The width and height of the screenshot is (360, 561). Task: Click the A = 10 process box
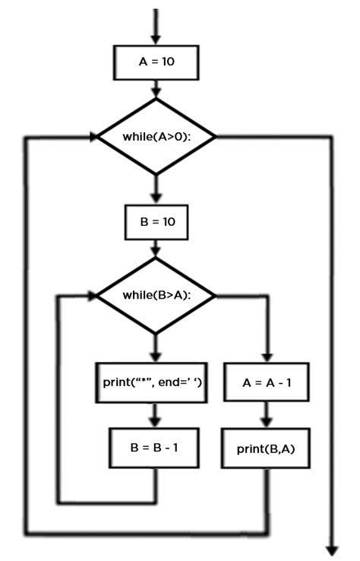156,62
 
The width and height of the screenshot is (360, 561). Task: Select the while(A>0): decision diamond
156,137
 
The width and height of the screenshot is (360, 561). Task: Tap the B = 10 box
156,223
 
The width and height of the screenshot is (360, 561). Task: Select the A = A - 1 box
266,382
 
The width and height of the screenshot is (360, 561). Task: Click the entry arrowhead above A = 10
156,38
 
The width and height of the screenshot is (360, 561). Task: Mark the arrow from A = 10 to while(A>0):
156,89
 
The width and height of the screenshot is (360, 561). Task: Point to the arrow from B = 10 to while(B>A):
156,248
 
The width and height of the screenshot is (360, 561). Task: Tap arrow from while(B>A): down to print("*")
156,348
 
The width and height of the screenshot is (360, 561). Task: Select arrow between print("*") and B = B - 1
156,414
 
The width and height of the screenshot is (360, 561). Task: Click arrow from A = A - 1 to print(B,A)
266,414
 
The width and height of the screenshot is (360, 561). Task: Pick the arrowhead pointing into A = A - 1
266,356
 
